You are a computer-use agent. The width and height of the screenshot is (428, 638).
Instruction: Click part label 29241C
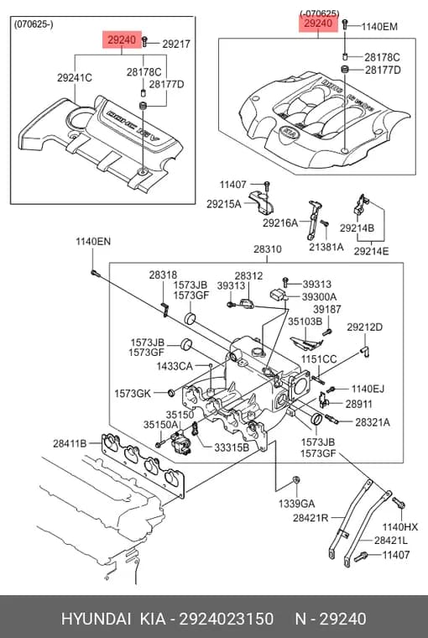75,77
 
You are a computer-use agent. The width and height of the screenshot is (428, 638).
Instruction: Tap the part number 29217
176,44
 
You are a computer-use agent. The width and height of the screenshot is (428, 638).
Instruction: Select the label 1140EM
379,27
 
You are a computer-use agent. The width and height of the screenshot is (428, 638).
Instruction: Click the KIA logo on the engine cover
289,133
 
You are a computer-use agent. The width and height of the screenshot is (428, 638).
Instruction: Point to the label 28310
268,249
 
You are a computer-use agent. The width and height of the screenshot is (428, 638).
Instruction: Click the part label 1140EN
93,241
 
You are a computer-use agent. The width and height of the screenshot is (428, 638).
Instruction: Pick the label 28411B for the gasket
70,443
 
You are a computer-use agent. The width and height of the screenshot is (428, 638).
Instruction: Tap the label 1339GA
296,504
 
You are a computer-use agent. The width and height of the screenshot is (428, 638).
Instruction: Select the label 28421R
311,518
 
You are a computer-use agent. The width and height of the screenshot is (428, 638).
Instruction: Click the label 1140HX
400,527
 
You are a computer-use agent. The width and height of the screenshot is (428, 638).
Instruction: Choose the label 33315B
232,447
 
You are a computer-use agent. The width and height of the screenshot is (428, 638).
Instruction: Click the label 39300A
320,297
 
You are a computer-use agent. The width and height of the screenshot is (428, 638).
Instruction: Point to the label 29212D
364,327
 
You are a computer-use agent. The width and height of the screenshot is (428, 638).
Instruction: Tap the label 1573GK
133,394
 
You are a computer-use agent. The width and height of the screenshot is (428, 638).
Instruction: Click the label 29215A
224,204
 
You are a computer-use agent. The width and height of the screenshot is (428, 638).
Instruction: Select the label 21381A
326,247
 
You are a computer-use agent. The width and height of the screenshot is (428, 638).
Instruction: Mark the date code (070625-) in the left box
34,24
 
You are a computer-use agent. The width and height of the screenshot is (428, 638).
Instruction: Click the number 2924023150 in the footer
227,619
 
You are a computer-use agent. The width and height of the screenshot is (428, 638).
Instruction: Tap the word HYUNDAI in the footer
96,619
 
